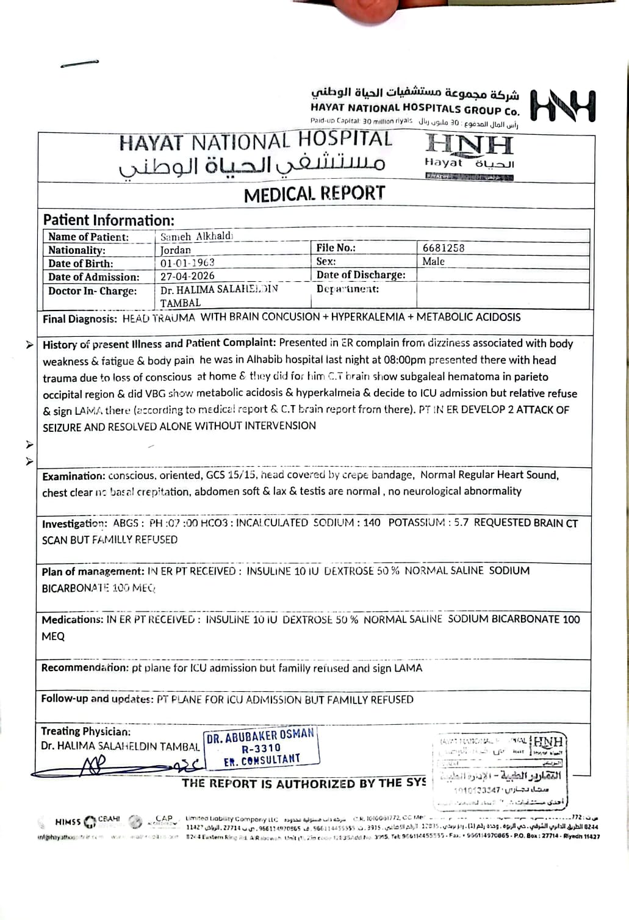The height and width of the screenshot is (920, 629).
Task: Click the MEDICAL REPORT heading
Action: (314, 194)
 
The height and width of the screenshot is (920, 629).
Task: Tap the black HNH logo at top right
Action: (563, 106)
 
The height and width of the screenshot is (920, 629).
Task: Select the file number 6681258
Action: (444, 248)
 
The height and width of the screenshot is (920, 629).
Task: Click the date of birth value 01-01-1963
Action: (187, 263)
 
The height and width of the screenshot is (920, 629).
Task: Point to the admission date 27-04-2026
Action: (187, 276)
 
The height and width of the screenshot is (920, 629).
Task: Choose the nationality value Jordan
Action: (176, 250)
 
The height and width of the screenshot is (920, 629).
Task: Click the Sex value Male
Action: (433, 261)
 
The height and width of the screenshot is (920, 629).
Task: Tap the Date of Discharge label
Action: (361, 275)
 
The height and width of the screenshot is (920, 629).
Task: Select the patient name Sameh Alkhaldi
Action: (196, 237)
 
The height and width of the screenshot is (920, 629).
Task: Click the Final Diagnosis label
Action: (79, 318)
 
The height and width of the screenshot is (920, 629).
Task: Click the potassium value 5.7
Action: (461, 522)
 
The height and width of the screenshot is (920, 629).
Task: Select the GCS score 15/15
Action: (241, 475)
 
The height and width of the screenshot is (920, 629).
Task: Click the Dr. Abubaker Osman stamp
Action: (261, 747)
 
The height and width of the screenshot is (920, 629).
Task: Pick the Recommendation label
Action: (85, 668)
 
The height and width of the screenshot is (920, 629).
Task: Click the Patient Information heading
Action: (109, 220)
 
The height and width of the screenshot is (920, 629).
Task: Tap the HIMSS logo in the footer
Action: (68, 822)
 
